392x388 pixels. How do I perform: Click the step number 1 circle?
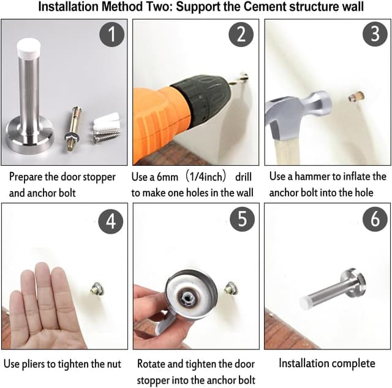[x=111, y=34]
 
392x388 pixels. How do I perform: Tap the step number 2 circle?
[x=241, y=34]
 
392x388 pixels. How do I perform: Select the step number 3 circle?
[x=375, y=34]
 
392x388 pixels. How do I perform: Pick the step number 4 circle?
[x=111, y=221]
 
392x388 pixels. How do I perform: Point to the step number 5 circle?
[x=243, y=219]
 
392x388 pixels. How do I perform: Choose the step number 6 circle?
[x=375, y=219]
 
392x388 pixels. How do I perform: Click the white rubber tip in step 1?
[x=29, y=48]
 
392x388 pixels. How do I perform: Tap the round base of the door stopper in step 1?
[x=29, y=135]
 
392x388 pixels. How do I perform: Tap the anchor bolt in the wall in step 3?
[x=356, y=97]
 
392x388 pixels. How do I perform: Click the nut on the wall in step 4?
[x=97, y=289]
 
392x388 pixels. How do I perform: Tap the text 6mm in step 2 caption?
[x=167, y=177]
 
